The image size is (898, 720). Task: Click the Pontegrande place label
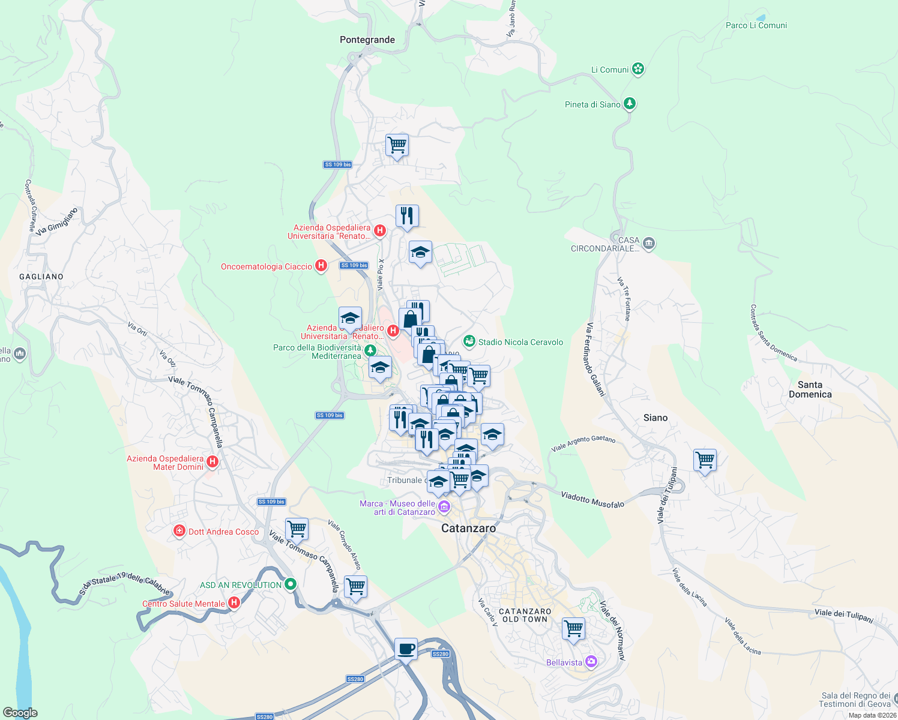click(367, 40)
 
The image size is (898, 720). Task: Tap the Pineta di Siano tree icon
click(629, 104)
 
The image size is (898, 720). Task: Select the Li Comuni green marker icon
click(638, 69)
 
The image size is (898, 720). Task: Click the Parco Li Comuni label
click(756, 25)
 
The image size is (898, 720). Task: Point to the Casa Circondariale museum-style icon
click(648, 244)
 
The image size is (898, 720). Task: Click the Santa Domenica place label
click(810, 389)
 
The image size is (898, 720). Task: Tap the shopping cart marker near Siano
click(705, 460)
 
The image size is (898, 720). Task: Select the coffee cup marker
click(406, 649)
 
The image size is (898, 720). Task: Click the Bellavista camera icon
click(591, 662)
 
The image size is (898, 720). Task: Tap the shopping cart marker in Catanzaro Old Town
click(573, 629)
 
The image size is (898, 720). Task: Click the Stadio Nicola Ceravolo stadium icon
click(469, 341)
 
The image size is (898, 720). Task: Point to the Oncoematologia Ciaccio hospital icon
click(321, 266)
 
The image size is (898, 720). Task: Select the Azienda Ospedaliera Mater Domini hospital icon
click(212, 462)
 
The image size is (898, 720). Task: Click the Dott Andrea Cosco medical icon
click(179, 531)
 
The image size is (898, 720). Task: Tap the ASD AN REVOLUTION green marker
click(291, 584)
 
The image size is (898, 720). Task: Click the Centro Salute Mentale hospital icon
click(234, 603)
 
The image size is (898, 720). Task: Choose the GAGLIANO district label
click(41, 277)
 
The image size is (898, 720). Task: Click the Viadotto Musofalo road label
click(592, 500)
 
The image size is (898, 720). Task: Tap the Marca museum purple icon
click(444, 508)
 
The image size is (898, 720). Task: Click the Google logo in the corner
click(20, 712)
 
